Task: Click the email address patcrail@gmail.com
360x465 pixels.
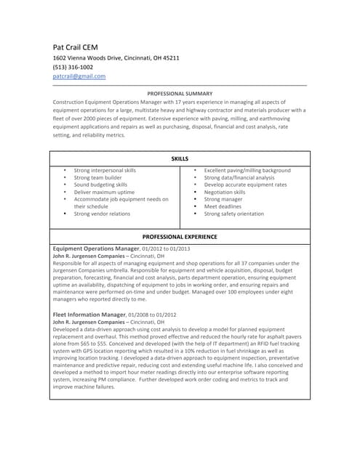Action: [x=79, y=76]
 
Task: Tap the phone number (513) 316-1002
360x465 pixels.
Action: [x=73, y=67]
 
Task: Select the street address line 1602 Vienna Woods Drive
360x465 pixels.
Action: [x=116, y=57]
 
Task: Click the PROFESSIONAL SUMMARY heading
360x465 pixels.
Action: [x=180, y=94]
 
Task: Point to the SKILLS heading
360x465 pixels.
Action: [x=180, y=158]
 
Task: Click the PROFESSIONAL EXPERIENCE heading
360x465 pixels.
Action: [x=180, y=237]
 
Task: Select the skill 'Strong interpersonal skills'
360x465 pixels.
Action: [x=105, y=170]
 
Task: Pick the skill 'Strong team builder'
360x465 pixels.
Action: [x=97, y=177]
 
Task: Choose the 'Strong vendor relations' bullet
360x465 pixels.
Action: [x=102, y=214]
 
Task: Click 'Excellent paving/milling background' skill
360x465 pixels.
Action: [x=247, y=170]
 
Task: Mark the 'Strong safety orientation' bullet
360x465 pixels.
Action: [x=234, y=214]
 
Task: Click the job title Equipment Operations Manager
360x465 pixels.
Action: [x=96, y=248]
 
